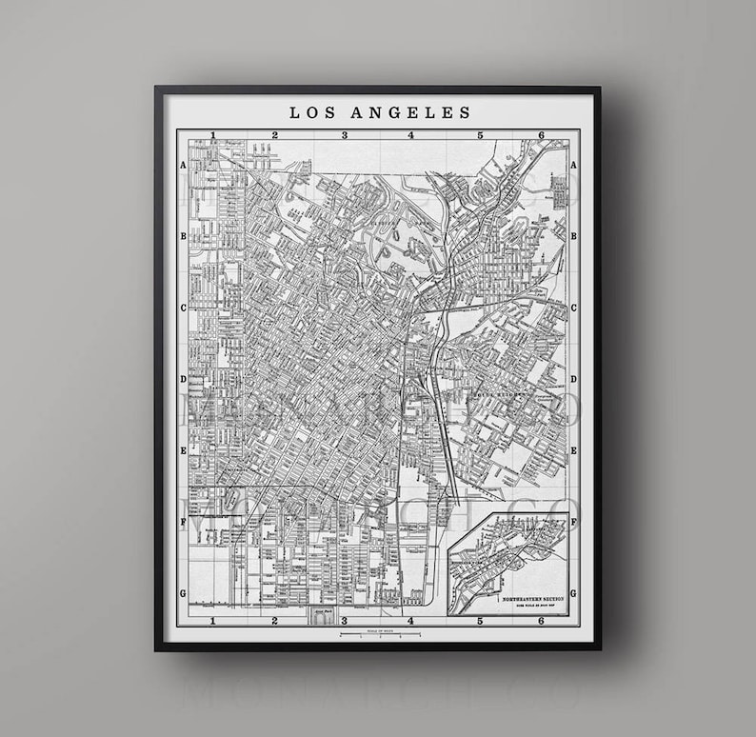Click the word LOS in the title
308,112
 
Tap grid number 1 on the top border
214,135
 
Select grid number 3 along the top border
345,135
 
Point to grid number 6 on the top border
541,135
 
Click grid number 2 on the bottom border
274,621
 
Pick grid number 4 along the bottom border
411,621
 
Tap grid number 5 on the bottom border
481,621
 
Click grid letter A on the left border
182,164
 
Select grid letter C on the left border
182,308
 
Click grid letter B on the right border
574,235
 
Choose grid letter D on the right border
574,379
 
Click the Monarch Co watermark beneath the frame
379,690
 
